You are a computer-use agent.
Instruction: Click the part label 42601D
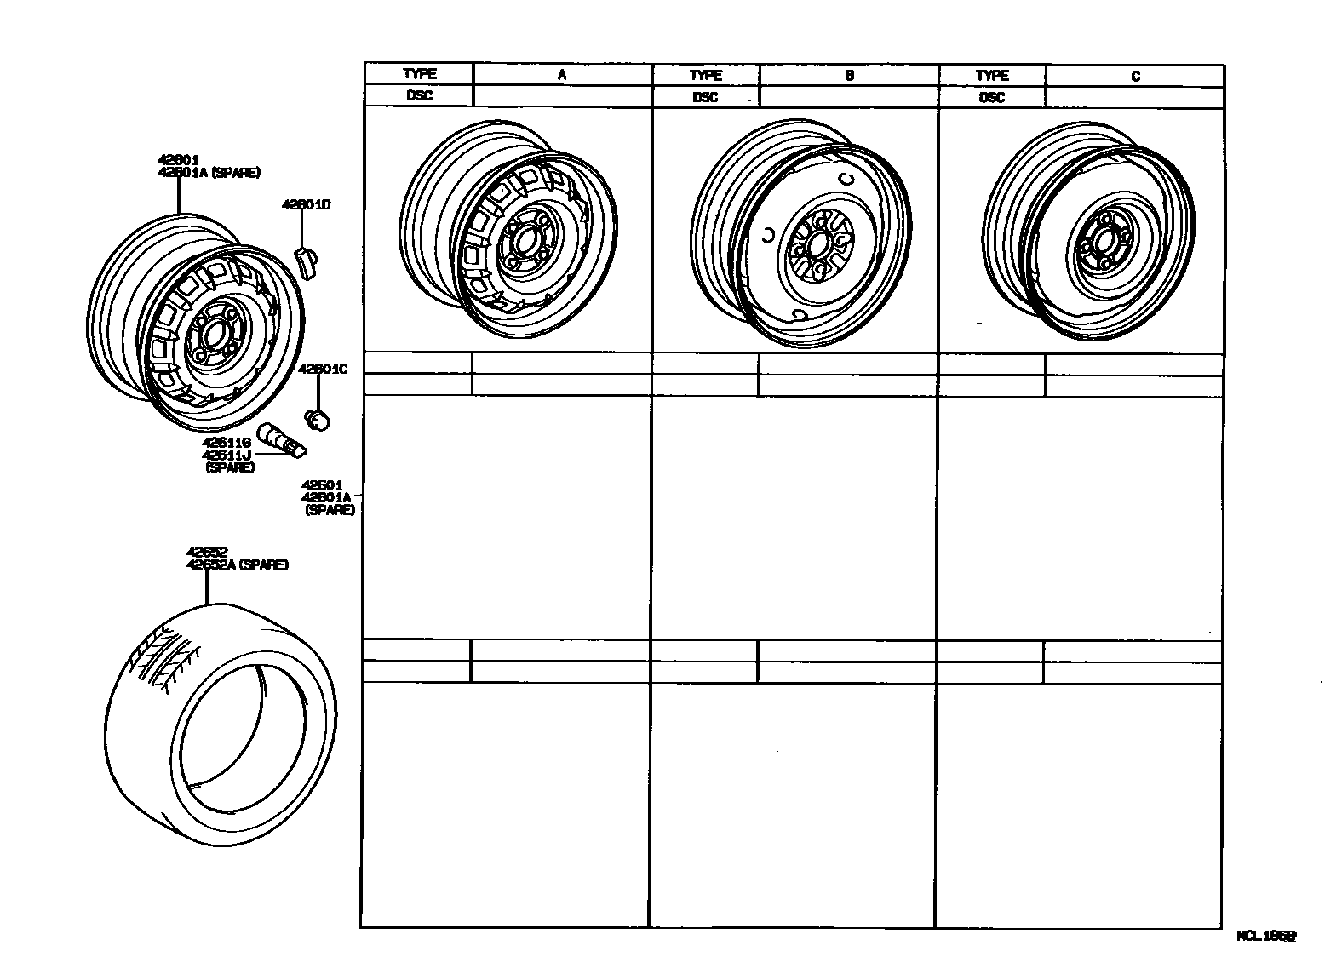click(x=307, y=204)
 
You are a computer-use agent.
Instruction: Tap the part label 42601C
click(x=323, y=369)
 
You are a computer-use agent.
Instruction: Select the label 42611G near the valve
click(x=226, y=443)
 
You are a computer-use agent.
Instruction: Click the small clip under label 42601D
click(x=306, y=259)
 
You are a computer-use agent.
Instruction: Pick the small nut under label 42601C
click(x=319, y=420)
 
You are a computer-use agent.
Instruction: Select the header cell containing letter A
click(x=562, y=75)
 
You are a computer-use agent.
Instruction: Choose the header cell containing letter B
click(x=849, y=75)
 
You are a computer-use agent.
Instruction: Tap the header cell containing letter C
click(x=1135, y=76)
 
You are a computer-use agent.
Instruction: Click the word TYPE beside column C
click(x=992, y=76)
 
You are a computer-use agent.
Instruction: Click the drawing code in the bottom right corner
click(x=1266, y=936)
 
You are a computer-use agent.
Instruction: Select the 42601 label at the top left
click(x=178, y=159)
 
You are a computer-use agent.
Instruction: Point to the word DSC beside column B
click(x=705, y=97)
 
